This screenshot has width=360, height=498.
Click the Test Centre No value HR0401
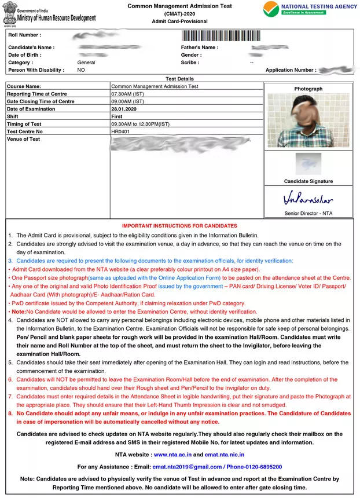[x=121, y=131]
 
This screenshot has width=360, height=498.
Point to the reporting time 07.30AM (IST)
[x=127, y=94]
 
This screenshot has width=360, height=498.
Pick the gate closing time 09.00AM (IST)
[x=127, y=101]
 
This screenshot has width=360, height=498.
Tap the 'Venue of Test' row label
[x=23, y=139]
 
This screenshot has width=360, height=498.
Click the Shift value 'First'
[x=117, y=116]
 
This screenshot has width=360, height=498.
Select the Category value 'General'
[x=86, y=63]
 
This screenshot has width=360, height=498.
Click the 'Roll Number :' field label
[x=25, y=35]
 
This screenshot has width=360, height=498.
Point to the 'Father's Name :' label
[x=199, y=47]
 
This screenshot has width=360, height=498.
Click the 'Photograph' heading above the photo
[x=308, y=89]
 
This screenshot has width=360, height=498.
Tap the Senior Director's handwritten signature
[x=308, y=199]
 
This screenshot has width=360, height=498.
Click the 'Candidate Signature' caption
[x=308, y=181]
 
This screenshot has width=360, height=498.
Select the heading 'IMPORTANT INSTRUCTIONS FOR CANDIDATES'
[x=179, y=226]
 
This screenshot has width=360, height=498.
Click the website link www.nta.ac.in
[x=172, y=455]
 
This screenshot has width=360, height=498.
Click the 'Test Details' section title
[x=179, y=79]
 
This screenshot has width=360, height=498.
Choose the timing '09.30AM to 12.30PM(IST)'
[x=141, y=124]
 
